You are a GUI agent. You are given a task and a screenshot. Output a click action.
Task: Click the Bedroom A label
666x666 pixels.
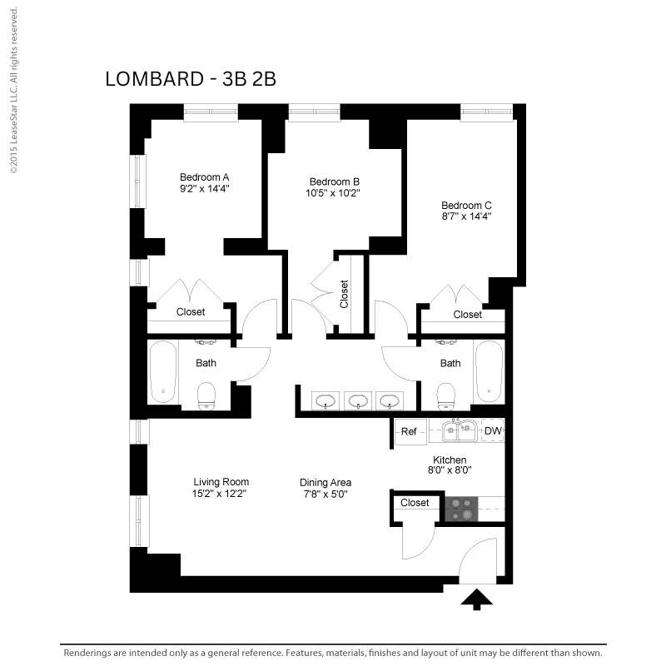point(204,177)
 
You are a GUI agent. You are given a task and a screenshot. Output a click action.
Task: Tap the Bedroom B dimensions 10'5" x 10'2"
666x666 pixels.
point(332,193)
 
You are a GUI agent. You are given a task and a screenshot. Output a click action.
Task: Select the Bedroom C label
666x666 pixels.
point(466,206)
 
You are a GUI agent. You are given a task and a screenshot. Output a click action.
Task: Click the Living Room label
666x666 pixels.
point(221,482)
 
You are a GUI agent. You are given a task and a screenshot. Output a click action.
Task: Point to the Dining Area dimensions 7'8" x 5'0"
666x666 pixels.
point(326,494)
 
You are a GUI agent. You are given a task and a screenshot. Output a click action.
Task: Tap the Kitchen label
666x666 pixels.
point(450,460)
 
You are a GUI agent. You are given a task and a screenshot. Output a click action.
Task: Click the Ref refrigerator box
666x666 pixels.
point(410,432)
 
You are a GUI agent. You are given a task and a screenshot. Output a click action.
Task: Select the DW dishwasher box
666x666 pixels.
point(493,430)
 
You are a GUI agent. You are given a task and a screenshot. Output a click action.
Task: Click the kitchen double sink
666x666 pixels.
point(460,431)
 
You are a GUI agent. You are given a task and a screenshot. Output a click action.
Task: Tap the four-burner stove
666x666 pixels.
point(461,509)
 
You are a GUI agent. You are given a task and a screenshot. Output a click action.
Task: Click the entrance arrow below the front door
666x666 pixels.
point(476,599)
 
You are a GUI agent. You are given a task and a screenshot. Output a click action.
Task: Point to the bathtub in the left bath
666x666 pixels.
point(163,371)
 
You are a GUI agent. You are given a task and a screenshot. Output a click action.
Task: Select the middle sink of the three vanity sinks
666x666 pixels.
point(358,400)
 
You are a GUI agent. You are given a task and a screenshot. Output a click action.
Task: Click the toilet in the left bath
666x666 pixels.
point(206,397)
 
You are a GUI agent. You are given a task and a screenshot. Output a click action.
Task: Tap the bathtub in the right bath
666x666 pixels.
point(489,371)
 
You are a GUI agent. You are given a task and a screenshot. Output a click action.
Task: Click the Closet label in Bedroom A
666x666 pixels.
point(191,312)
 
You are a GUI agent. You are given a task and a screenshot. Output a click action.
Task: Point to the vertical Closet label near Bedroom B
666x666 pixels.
point(344,294)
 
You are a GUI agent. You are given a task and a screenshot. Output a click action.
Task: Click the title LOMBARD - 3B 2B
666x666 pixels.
point(191,79)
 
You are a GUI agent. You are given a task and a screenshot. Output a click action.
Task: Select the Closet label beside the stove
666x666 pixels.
point(415,503)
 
